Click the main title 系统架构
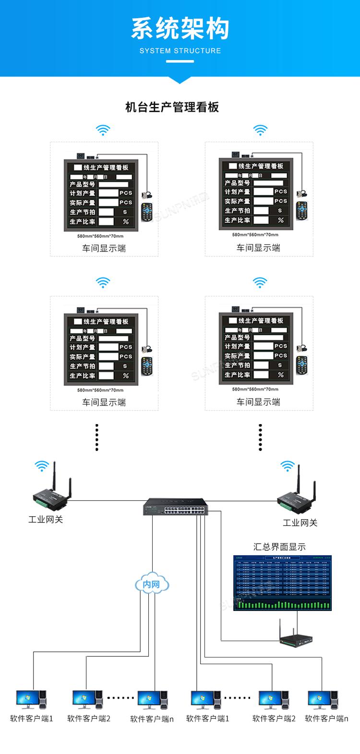coord(180,29)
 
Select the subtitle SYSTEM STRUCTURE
coord(180,50)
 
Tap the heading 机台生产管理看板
coord(172,107)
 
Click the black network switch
coord(175,507)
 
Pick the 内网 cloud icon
coord(152,584)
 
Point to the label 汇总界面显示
coord(279,547)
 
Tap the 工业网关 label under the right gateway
coord(300,523)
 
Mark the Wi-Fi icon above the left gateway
coord(42,465)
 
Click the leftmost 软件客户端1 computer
coord(31,700)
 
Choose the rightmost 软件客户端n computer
coord(323,700)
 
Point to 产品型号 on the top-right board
coord(238,183)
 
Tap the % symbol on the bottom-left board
coord(126,376)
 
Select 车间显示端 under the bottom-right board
coord(258,402)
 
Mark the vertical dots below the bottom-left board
coord(97,438)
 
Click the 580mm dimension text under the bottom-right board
coord(255,389)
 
